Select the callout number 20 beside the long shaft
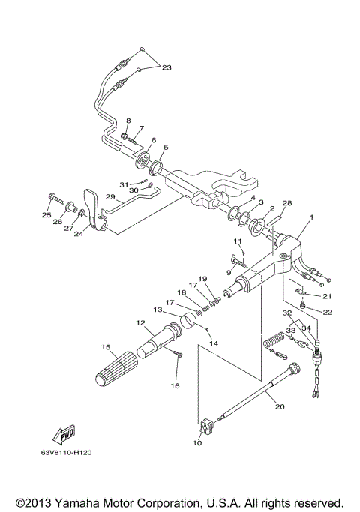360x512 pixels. pos(280,406)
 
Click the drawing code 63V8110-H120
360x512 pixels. pos(72,473)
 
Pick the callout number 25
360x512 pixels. pos(46,216)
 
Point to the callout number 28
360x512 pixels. pos(286,203)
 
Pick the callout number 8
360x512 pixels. pos(128,121)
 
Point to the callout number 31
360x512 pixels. pos(123,184)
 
